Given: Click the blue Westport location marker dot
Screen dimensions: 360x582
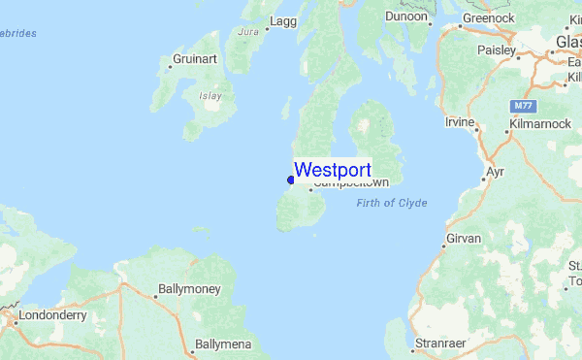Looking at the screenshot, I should [290, 179].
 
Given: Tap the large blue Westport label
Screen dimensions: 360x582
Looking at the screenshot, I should [332, 170].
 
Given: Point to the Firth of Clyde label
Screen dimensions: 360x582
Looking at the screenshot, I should [392, 203].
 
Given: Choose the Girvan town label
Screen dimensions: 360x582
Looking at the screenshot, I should [462, 238].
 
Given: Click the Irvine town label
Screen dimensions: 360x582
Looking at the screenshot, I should [460, 122].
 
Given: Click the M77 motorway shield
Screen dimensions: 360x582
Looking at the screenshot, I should [522, 104].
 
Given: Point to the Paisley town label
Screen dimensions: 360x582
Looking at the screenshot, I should [497, 49].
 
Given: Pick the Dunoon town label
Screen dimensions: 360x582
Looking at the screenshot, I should [405, 16].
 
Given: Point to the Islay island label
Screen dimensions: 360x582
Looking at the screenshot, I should [210, 95].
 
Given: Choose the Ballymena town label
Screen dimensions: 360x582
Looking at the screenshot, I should [222, 344].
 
